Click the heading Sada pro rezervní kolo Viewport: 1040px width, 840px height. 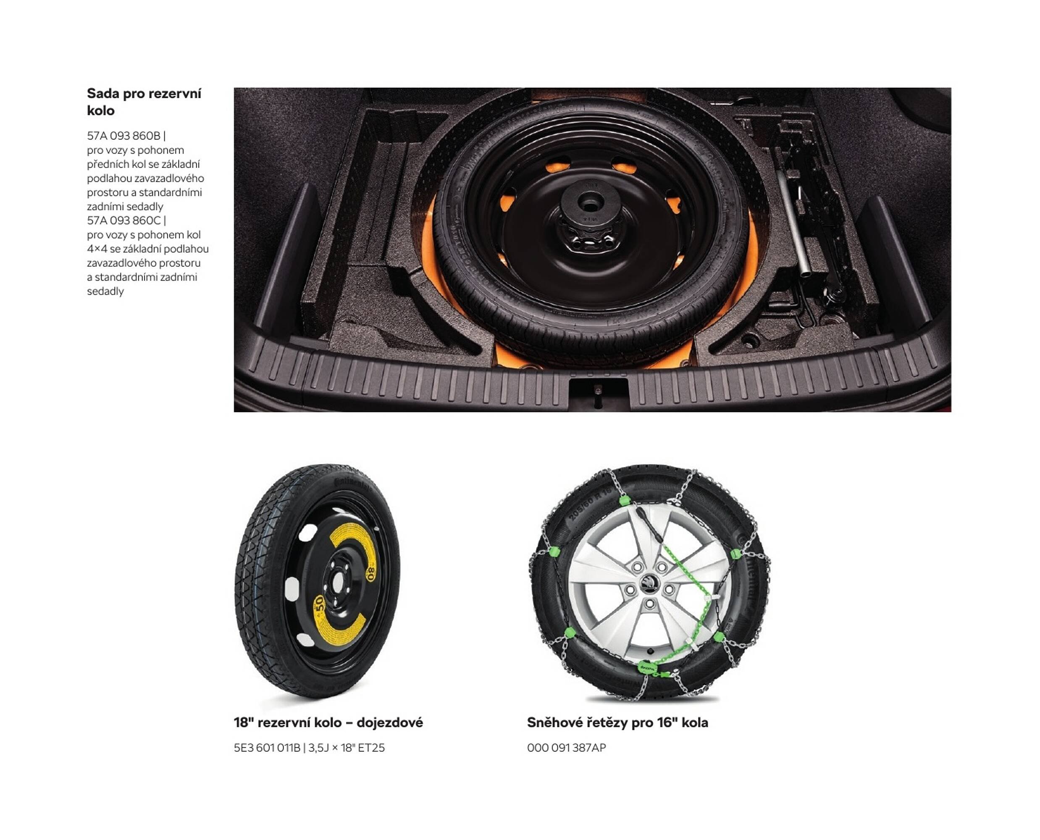pyautogui.click(x=144, y=102)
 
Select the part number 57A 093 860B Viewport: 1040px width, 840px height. pyautogui.click(x=123, y=136)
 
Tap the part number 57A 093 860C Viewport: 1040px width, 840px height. pyautogui.click(x=123, y=220)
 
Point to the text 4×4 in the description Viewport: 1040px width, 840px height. pyautogui.click(x=97, y=249)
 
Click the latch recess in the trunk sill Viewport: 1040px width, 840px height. pyautogui.click(x=598, y=393)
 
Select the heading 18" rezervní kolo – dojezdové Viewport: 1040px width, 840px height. pyautogui.click(x=328, y=722)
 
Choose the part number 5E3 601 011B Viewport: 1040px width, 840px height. pyautogui.click(x=267, y=748)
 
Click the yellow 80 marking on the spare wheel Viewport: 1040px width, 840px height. pyautogui.click(x=371, y=575)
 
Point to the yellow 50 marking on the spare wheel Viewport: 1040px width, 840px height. pyautogui.click(x=319, y=605)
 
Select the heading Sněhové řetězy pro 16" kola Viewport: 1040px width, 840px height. pyautogui.click(x=617, y=722)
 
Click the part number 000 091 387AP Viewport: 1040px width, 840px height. pyautogui.click(x=566, y=748)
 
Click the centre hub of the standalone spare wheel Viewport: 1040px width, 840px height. pyautogui.click(x=337, y=581)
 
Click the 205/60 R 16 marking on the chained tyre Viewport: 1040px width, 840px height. pyautogui.click(x=591, y=506)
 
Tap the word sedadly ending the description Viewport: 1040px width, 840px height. pyautogui.click(x=105, y=291)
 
